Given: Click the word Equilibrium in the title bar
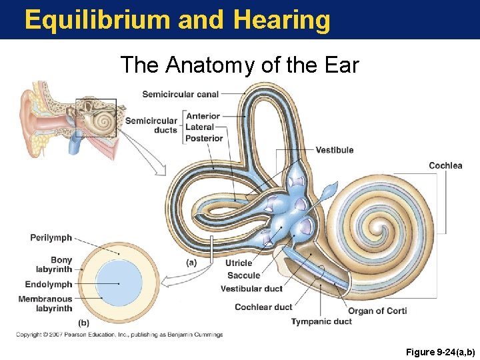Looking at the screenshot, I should tap(97, 20).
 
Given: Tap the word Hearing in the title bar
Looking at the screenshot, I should tap(281, 20).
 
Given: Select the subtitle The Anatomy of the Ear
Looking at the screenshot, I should tap(239, 65).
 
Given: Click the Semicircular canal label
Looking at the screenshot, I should tap(180, 94).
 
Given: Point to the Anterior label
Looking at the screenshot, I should tap(203, 116).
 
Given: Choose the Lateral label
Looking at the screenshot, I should tap(200, 127).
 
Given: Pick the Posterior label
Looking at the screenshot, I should tap(205, 138).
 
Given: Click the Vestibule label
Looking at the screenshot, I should tap(335, 150).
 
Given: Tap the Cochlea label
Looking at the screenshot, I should tap(445, 165).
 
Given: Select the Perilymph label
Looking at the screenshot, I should tap(51, 238).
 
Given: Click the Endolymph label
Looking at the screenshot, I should tap(49, 285).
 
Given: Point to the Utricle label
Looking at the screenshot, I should tap(239, 263).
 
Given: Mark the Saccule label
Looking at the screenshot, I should tap(243, 275).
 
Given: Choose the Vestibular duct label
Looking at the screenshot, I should tap(251, 289).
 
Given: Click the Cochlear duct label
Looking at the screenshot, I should tap(263, 307).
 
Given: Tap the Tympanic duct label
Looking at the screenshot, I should tap(321, 321).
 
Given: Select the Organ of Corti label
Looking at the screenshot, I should tap(377, 311).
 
